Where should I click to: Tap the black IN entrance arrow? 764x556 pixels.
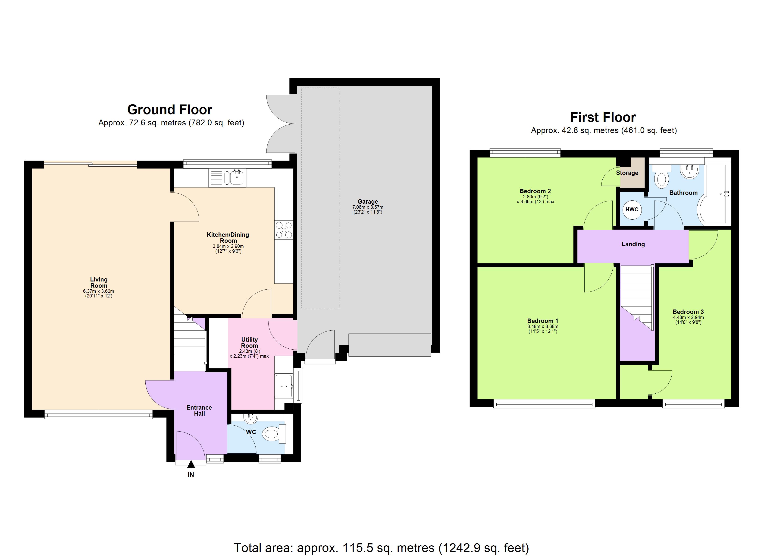191,464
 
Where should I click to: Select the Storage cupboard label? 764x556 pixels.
627,173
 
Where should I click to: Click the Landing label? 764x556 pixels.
633,244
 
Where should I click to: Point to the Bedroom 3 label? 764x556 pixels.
688,312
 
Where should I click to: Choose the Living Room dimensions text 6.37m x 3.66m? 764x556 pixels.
98,291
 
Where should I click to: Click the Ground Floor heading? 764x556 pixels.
169,110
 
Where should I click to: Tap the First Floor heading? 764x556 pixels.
603,117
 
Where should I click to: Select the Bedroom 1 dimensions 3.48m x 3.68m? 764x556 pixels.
542,326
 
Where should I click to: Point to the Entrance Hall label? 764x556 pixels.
199,410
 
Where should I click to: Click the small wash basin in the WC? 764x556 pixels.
251,419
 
